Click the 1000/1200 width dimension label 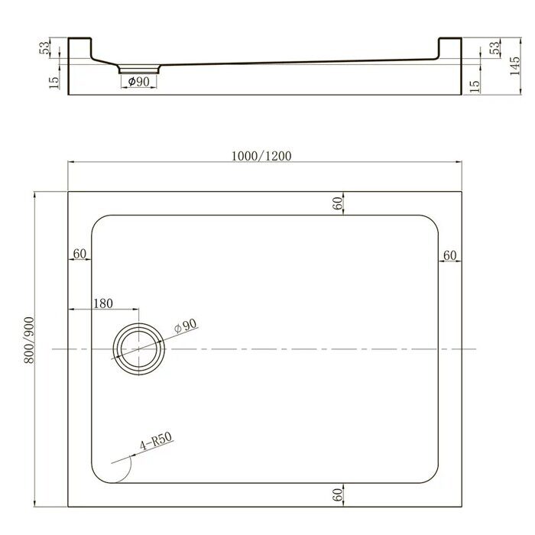pyautogui.click(x=261, y=155)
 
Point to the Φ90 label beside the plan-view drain pyautogui.click(x=186, y=326)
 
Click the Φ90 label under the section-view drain pyautogui.click(x=138, y=82)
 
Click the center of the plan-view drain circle pyautogui.click(x=138, y=349)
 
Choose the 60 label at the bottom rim pyautogui.click(x=336, y=494)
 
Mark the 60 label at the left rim pyautogui.click(x=79, y=254)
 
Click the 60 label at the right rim pyautogui.click(x=450, y=254)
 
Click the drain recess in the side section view pyautogui.click(x=138, y=68)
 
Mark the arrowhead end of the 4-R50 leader pyautogui.click(x=112, y=462)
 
